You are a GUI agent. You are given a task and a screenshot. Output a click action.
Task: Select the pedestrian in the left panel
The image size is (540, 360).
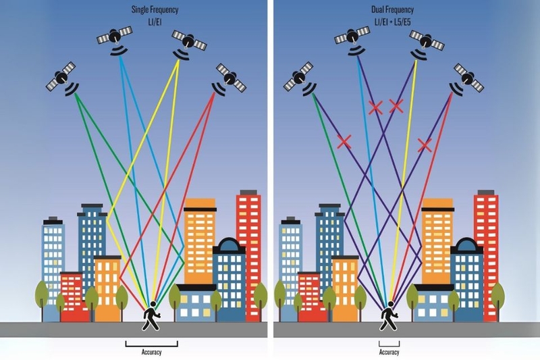(x=151, y=317)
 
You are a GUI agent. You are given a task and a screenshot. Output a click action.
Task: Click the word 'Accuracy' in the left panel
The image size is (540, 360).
(x=151, y=352)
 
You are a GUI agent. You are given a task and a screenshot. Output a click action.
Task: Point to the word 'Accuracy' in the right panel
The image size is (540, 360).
(x=389, y=352)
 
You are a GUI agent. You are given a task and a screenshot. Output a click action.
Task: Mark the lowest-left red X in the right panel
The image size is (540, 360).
(x=344, y=141)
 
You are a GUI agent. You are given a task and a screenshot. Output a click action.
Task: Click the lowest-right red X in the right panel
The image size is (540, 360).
(x=425, y=144)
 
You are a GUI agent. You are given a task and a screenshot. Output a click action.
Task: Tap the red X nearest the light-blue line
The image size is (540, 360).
(x=376, y=106)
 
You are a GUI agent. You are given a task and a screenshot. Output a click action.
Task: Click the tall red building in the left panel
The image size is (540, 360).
(x=248, y=243)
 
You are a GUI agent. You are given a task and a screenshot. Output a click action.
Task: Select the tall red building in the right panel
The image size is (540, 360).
(x=486, y=243)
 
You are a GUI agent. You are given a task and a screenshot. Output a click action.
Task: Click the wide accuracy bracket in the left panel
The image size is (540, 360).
(x=151, y=344)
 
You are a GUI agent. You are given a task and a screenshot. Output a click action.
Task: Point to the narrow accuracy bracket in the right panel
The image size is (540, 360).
(x=389, y=344)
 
